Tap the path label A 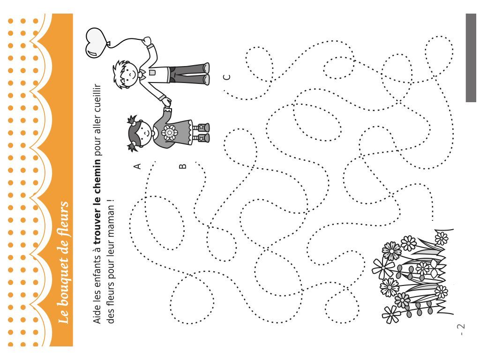click(137, 166)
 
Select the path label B click(182, 166)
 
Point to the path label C click(227, 77)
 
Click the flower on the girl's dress click(169, 133)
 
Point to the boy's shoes click(206, 74)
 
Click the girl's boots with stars click(203, 132)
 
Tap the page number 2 click(461, 326)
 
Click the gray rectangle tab click(471, 58)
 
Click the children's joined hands click(166, 103)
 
